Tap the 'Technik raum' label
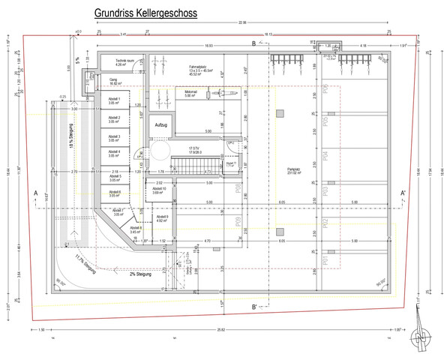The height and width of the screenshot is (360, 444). point(125,61)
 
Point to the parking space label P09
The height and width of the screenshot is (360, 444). point(238,221)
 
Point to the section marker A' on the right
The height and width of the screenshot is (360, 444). point(403,194)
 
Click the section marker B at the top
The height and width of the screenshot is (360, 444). point(253,43)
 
